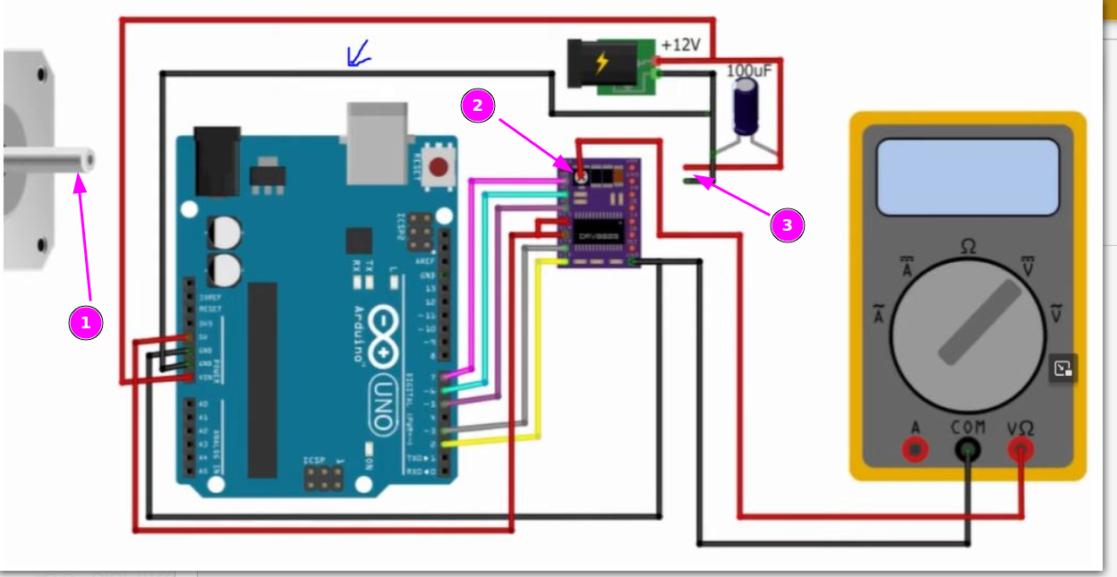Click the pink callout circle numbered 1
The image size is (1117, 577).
point(86,323)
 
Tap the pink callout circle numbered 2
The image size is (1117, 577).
point(478,106)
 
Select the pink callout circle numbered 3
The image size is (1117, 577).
point(788,225)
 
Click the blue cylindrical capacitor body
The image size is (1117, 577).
point(747,106)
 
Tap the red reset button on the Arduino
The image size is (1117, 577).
point(439,166)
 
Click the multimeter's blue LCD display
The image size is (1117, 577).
point(968,177)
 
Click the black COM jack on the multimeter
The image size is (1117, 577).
point(968,449)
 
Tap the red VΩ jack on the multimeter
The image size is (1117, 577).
point(1020,449)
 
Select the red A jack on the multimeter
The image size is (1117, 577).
point(915,449)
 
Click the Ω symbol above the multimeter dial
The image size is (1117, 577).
point(968,245)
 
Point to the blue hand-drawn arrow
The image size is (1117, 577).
point(358,56)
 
